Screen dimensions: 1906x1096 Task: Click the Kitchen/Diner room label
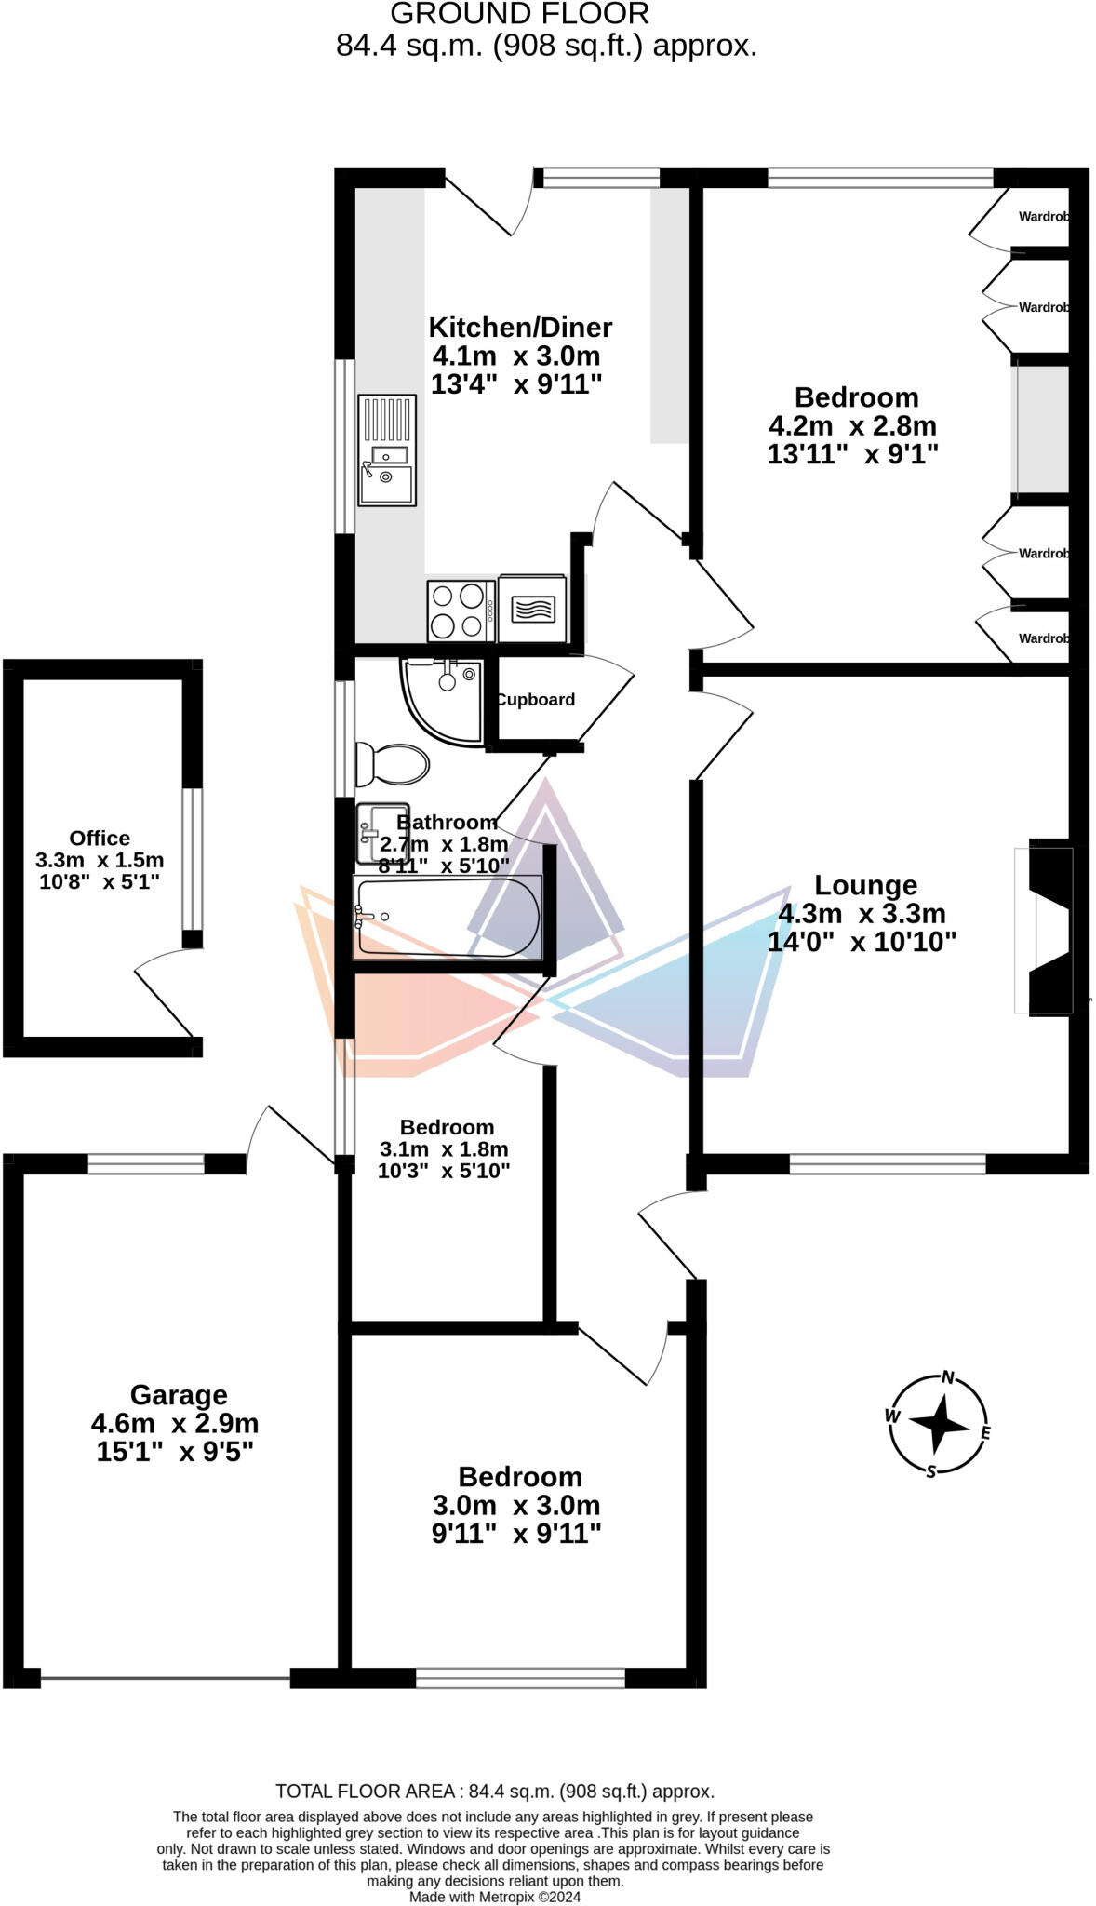pyautogui.click(x=520, y=328)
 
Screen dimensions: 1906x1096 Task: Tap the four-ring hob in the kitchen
pyautogui.click(x=461, y=611)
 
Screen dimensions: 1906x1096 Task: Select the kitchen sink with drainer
pyautogui.click(x=386, y=450)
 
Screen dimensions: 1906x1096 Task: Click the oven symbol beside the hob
pyautogui.click(x=532, y=609)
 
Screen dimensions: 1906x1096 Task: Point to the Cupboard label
pyautogui.click(x=536, y=700)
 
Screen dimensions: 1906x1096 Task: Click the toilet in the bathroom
pyautogui.click(x=394, y=764)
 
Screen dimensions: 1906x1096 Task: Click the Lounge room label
pyautogui.click(x=865, y=885)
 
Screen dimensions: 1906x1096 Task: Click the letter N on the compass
pyautogui.click(x=948, y=1377)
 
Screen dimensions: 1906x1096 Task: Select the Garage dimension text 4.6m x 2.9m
pyautogui.click(x=175, y=1423)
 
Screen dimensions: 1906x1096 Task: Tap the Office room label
pyautogui.click(x=100, y=838)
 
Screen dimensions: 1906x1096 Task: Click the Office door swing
pyautogui.click(x=166, y=994)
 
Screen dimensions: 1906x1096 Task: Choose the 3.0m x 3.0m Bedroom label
pyautogui.click(x=519, y=1477)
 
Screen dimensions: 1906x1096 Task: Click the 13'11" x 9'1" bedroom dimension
pyautogui.click(x=852, y=454)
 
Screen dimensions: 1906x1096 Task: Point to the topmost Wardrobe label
pyautogui.click(x=1042, y=217)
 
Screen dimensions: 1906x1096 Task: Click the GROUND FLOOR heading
pyautogui.click(x=519, y=14)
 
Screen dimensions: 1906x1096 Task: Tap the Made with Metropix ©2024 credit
pyautogui.click(x=495, y=1897)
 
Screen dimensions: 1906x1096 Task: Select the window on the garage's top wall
pyautogui.click(x=146, y=1163)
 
